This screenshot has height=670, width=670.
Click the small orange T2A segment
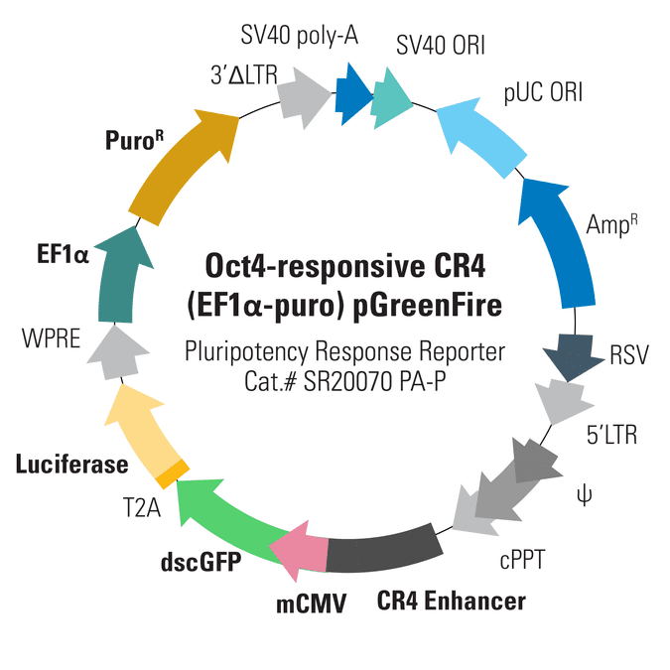tap(173, 473)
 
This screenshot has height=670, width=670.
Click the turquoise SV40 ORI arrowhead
tap(390, 98)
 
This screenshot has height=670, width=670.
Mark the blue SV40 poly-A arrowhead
tap(353, 95)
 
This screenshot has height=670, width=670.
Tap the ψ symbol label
tap(584, 495)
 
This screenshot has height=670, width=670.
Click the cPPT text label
tap(522, 560)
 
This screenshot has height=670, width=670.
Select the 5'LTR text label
tap(611, 435)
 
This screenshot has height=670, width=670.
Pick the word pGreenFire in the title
tap(427, 307)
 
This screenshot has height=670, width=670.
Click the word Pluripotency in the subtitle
tap(246, 352)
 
